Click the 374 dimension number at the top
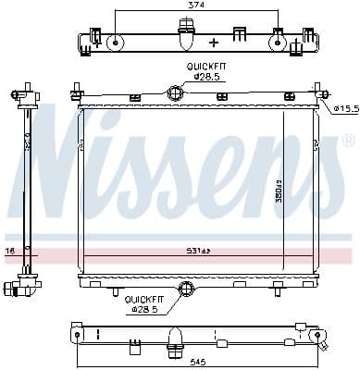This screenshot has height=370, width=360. (195, 5)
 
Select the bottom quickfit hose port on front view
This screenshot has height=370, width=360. (187, 290)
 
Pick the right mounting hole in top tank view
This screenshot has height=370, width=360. (277, 41)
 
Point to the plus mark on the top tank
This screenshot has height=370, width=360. (214, 43)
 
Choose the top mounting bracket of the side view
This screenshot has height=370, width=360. (26, 93)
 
